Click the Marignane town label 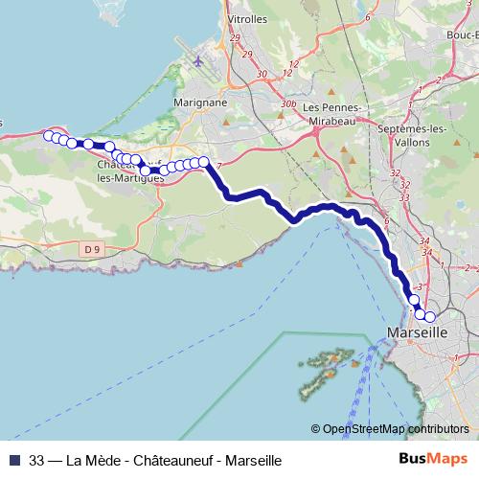(200, 102)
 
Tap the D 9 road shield (91, 249)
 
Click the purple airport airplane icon (198, 62)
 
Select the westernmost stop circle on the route (49, 135)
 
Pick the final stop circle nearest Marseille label (429, 316)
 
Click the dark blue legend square (13, 459)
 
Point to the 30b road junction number (288, 103)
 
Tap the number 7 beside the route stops (219, 167)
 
